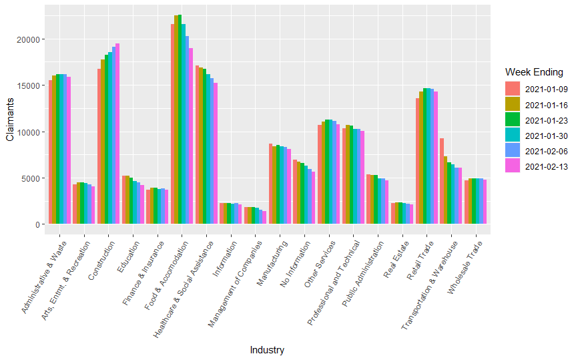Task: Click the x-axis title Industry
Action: [x=267, y=350]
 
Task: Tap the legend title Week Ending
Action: [x=534, y=71]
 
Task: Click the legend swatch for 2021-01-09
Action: [x=512, y=89]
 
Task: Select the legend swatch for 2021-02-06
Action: [x=512, y=151]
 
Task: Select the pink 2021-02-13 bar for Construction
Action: [x=117, y=134]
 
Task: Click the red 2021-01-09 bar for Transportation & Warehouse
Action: [x=442, y=180]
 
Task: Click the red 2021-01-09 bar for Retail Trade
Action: [x=417, y=161]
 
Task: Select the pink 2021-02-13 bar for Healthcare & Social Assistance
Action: [x=215, y=154]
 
